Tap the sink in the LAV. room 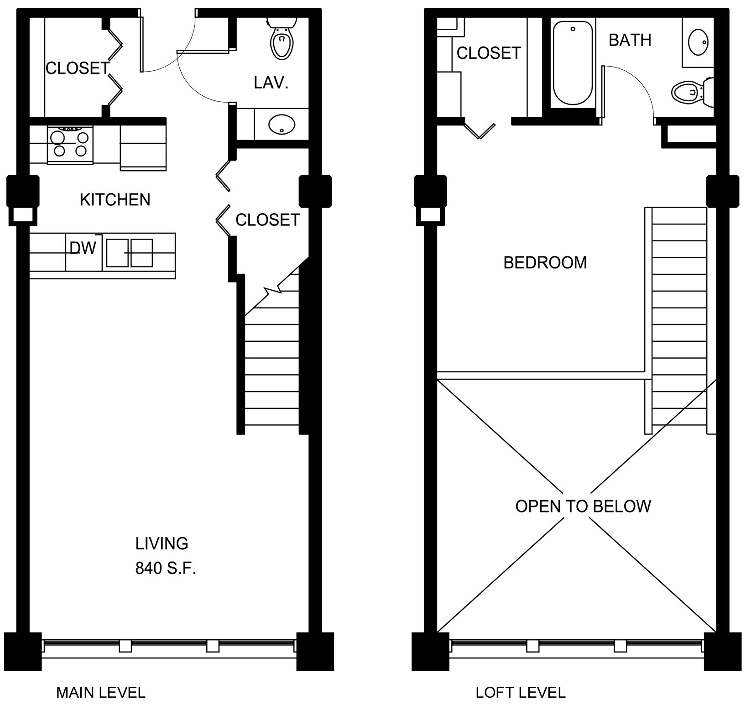282,124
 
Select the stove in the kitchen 70,145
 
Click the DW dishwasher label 83,248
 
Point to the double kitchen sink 130,253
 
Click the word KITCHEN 115,200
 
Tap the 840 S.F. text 166,568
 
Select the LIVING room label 162,543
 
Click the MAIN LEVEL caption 101,693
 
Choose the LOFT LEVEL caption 521,693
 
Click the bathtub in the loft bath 573,63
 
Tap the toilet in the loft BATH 692,92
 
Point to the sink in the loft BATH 698,42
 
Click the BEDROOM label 545,263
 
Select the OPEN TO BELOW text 583,507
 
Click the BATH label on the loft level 630,41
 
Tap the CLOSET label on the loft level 489,53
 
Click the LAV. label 271,83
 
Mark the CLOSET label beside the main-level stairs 268,220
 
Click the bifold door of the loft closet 479,130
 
